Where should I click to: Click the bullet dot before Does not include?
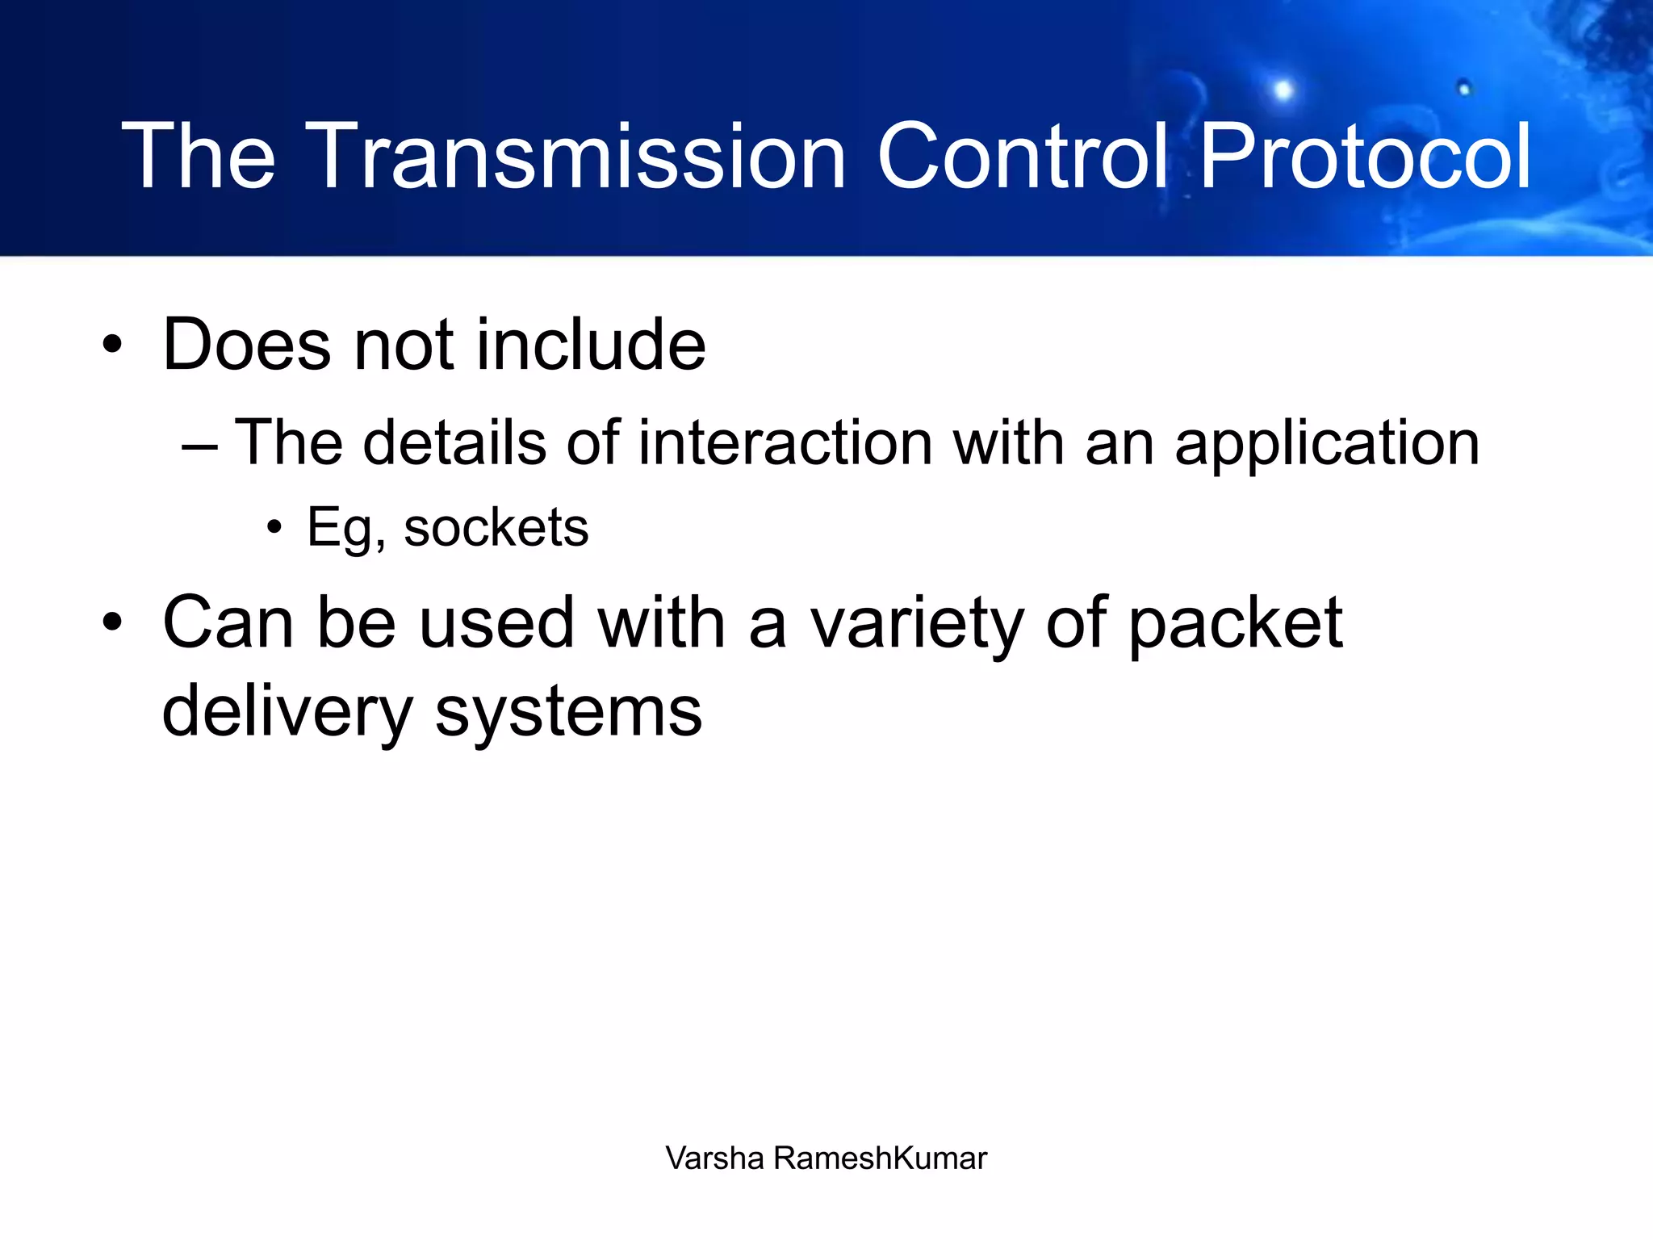(x=112, y=346)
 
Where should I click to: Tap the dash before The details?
(x=199, y=446)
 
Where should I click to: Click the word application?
(x=1326, y=446)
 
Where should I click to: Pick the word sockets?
(x=496, y=529)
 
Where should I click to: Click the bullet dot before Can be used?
(x=112, y=623)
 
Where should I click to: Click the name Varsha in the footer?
(x=714, y=1158)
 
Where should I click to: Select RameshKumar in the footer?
(x=880, y=1158)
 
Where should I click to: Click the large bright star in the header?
(x=1283, y=90)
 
